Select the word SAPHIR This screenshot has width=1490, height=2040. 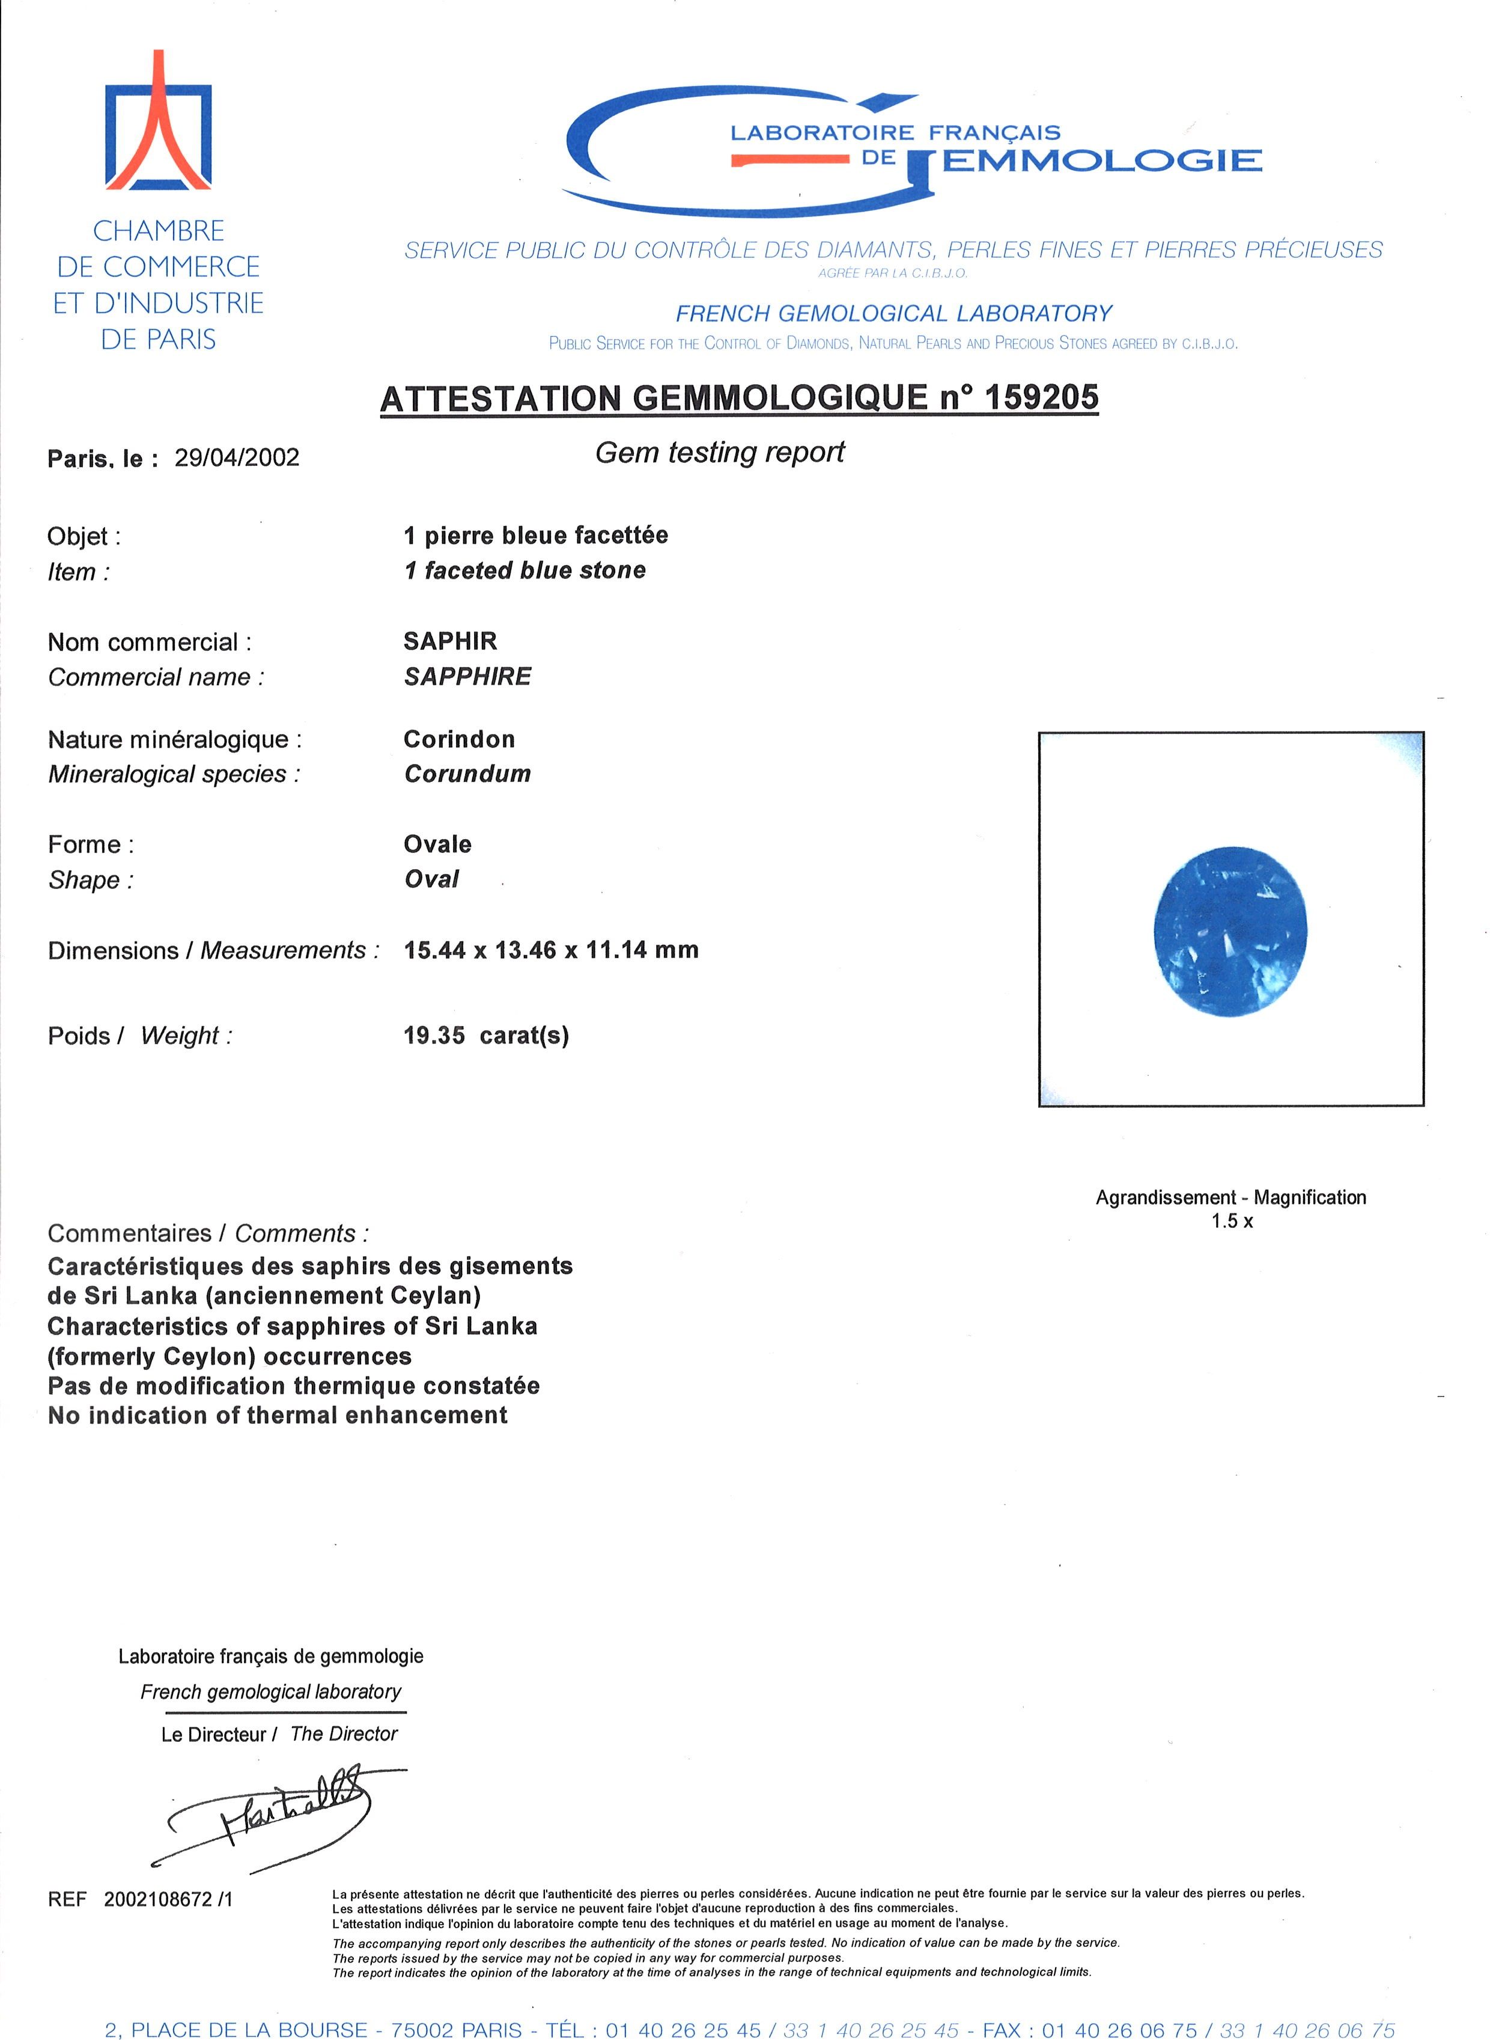pyautogui.click(x=450, y=641)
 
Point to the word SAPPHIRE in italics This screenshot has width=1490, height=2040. pyautogui.click(x=467, y=677)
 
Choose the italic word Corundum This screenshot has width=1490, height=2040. pyautogui.click(x=467, y=774)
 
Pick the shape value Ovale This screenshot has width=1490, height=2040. pyautogui.click(x=437, y=844)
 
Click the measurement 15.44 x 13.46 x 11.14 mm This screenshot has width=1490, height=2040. pyautogui.click(x=550, y=950)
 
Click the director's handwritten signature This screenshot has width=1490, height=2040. pyautogui.click(x=270, y=1813)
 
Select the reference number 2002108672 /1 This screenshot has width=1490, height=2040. pyautogui.click(x=168, y=1899)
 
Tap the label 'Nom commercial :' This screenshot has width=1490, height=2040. pyautogui.click(x=150, y=643)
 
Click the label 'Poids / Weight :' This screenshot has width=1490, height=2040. pyautogui.click(x=140, y=1036)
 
